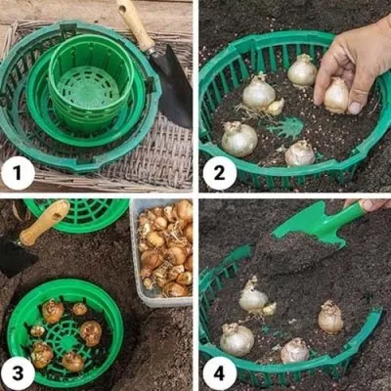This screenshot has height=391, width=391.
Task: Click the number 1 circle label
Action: pos(18,173)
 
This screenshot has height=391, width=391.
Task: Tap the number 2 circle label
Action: pos(220,173)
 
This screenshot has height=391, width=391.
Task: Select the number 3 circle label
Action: pos(18,373)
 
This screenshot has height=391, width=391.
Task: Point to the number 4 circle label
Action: pos(220,373)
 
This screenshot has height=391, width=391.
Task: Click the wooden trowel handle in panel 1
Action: pos(135,24)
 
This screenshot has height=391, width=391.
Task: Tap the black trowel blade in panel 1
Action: pos(173,86)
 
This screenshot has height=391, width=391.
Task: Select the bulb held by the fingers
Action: pos(335,95)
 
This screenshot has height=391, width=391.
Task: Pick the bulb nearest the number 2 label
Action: pos(239,139)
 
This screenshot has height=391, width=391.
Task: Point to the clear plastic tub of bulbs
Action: pos(161,252)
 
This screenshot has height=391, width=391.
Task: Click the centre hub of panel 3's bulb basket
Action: pos(66,340)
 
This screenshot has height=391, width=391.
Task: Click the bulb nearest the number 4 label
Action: pos(237,339)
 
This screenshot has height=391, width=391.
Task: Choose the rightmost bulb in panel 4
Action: pos(330,317)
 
